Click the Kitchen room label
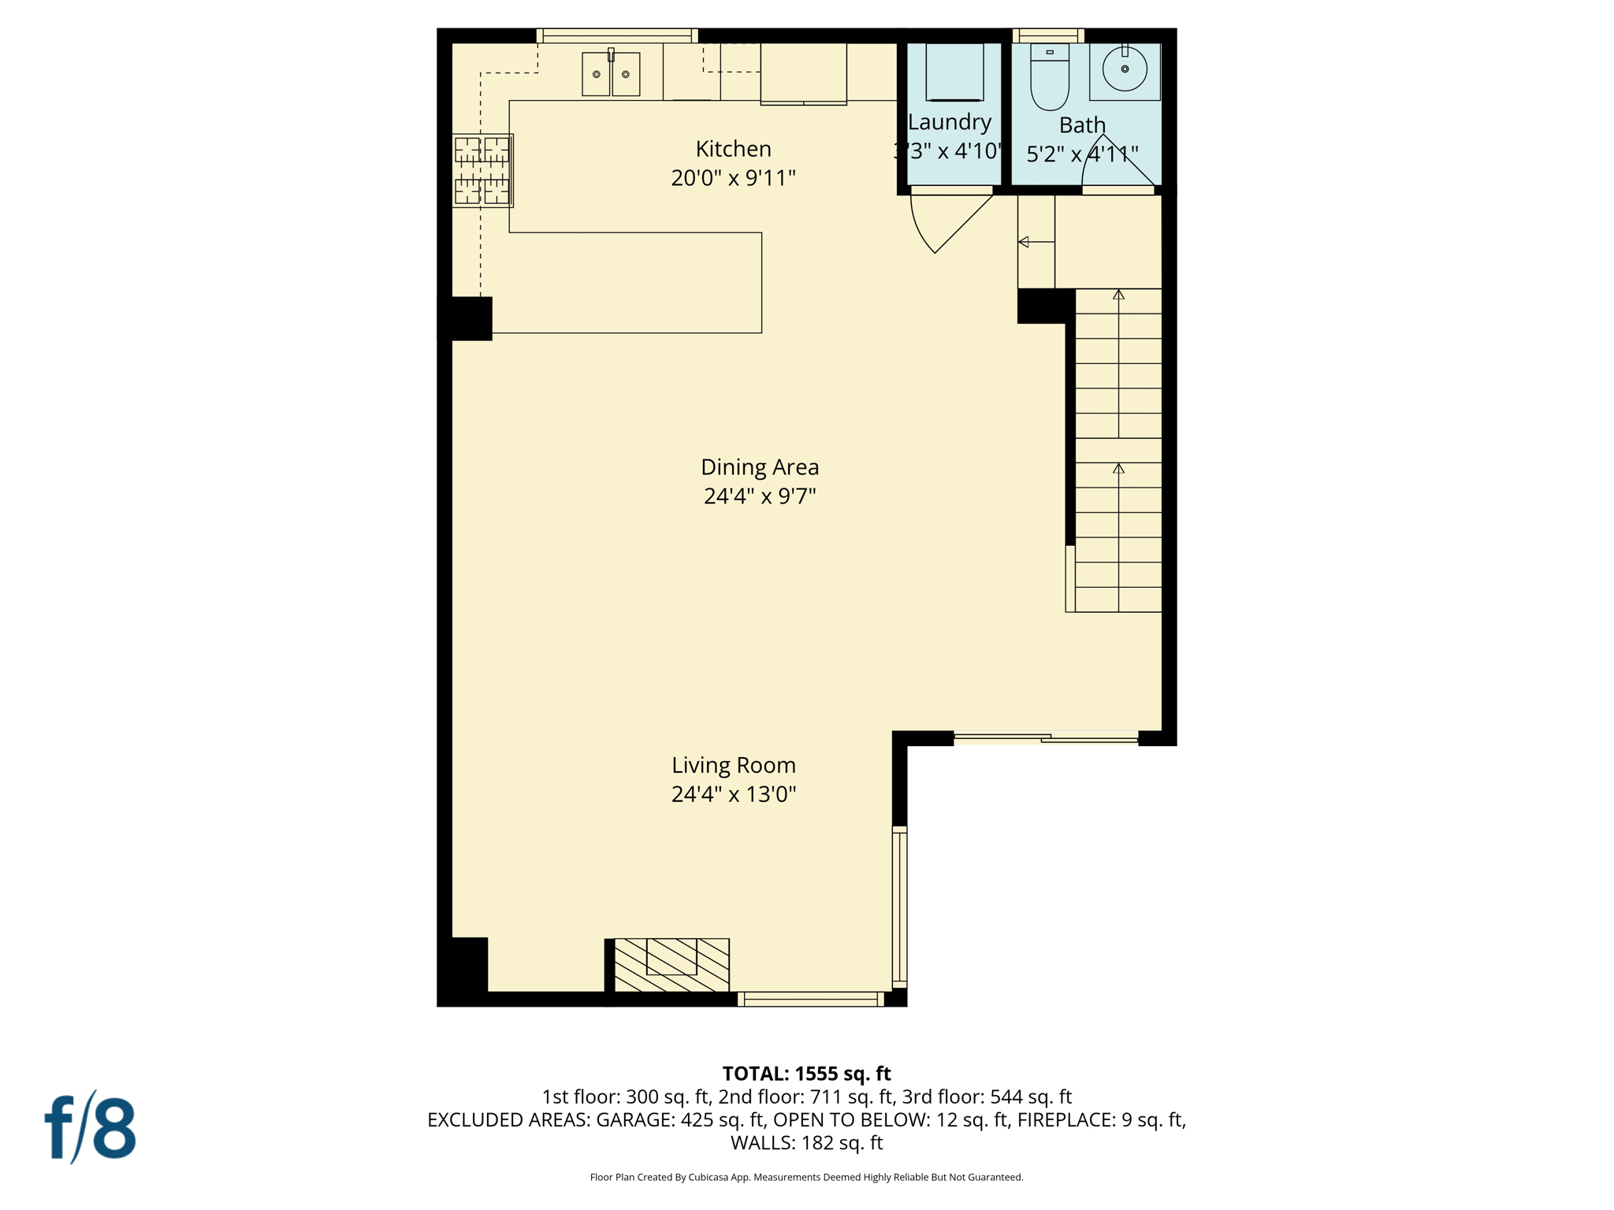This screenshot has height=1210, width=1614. (733, 149)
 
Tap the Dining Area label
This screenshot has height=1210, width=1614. (760, 467)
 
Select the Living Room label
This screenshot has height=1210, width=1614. (733, 765)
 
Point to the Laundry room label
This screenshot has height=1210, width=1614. (949, 122)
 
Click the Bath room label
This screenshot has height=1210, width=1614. (1082, 125)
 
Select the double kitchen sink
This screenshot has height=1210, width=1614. (611, 74)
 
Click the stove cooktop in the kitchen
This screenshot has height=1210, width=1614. (482, 170)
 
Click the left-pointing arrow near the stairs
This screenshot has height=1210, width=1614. (1024, 242)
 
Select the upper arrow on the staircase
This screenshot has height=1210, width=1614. (1118, 295)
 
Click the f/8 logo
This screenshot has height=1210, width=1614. (91, 1128)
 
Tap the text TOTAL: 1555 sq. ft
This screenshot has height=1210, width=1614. (806, 1074)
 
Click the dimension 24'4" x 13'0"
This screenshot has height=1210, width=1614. (733, 794)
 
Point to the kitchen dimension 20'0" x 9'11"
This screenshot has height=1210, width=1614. (733, 178)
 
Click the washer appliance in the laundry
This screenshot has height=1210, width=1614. (954, 72)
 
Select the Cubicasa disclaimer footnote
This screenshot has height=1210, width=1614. (806, 1178)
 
